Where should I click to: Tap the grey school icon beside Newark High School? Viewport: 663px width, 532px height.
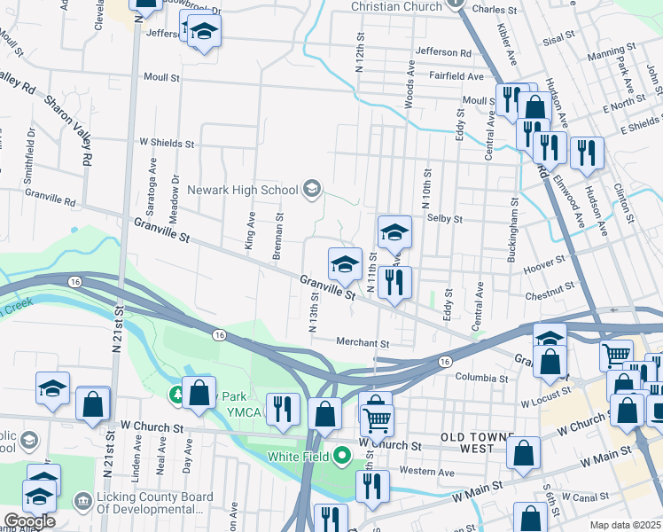click(x=311, y=188)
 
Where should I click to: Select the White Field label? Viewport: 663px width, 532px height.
click(x=299, y=458)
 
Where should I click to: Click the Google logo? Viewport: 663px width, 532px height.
click(x=28, y=521)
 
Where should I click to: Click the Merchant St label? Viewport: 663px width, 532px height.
click(x=363, y=342)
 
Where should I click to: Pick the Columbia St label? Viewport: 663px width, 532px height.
click(x=481, y=377)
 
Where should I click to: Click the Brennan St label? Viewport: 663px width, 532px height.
click(x=277, y=235)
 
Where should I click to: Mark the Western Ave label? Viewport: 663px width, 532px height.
click(x=427, y=473)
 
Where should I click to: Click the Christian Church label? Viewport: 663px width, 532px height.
click(x=396, y=7)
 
